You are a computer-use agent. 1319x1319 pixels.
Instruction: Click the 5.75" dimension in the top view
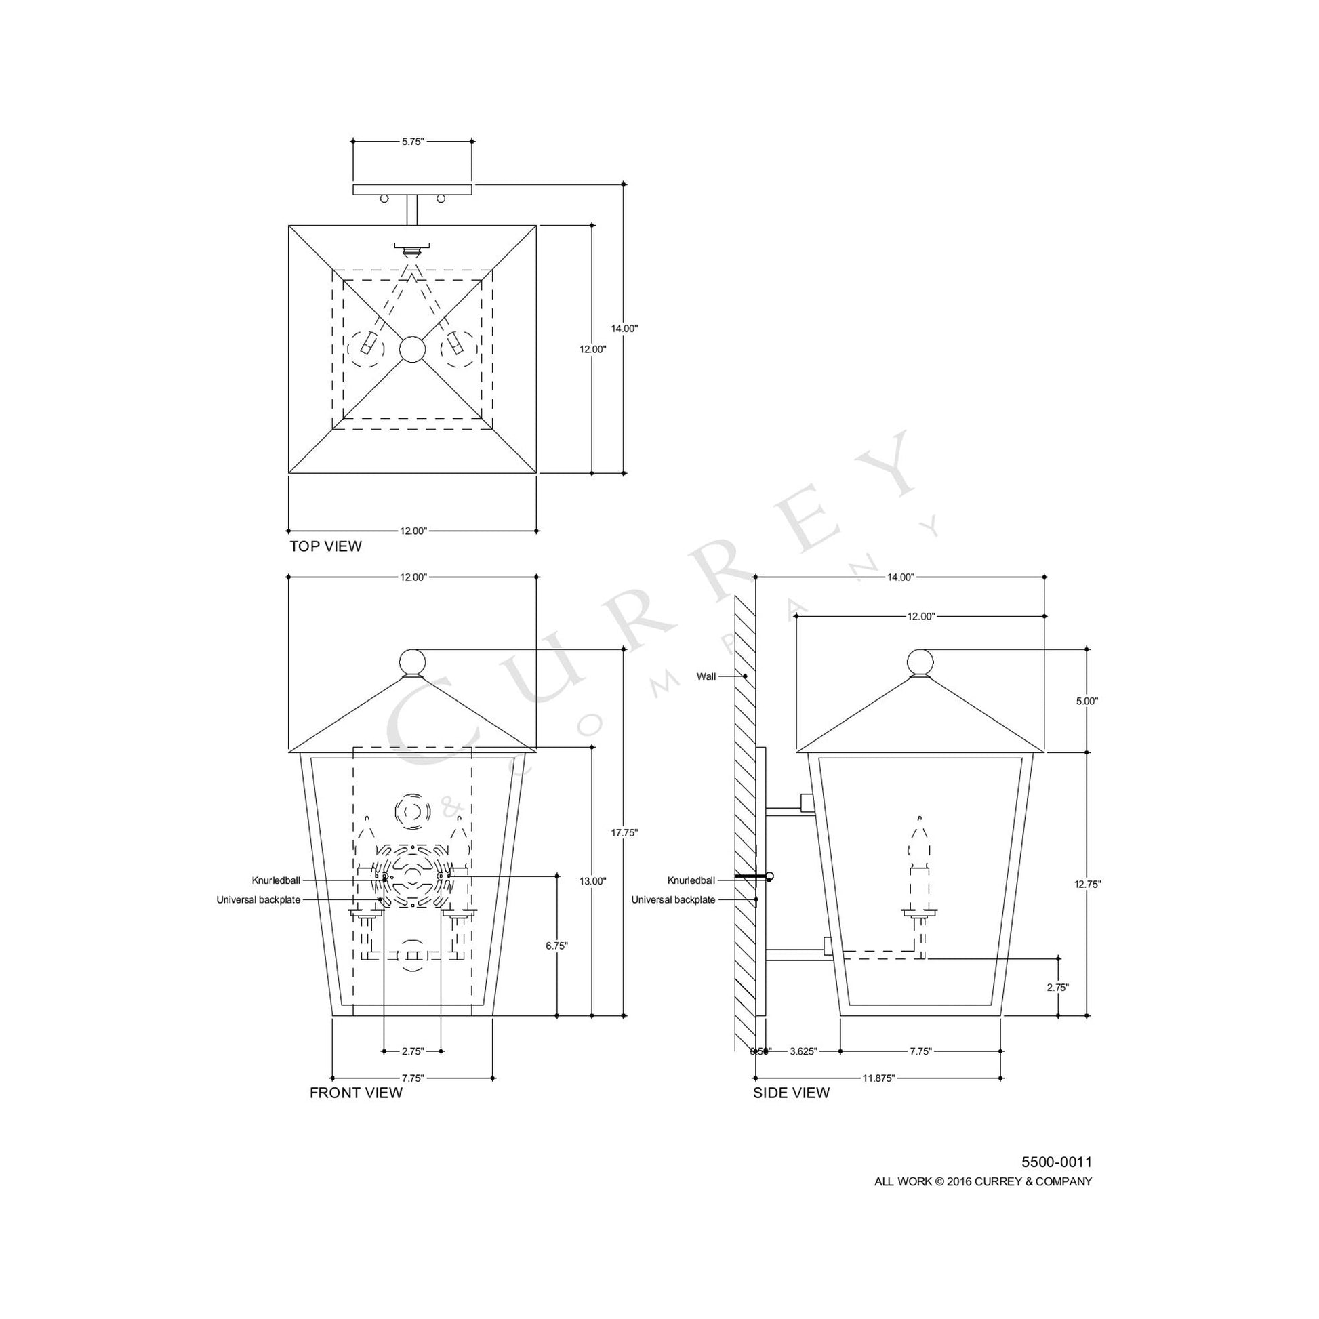click(x=412, y=142)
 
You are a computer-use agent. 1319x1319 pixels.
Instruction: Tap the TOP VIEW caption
click(x=325, y=546)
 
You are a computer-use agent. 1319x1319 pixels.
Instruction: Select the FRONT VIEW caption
click(x=356, y=1093)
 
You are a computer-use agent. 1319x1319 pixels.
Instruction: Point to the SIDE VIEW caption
click(x=791, y=1093)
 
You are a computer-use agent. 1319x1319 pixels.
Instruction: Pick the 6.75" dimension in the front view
click(x=557, y=946)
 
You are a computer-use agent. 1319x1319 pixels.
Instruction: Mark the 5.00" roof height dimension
click(x=1087, y=700)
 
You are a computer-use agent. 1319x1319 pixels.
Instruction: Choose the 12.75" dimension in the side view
click(x=1087, y=883)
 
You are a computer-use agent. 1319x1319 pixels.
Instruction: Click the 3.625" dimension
click(x=803, y=1051)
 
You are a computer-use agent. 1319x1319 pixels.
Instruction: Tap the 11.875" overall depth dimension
click(x=878, y=1078)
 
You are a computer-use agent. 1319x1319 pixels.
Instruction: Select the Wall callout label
click(x=706, y=676)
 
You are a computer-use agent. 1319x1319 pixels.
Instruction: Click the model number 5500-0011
click(x=1056, y=1162)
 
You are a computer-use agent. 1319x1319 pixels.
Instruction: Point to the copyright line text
click(x=983, y=1182)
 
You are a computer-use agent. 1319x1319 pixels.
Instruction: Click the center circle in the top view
click(x=412, y=350)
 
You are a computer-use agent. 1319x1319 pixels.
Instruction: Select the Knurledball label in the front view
click(x=276, y=880)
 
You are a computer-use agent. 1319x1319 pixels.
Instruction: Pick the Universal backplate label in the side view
click(x=672, y=900)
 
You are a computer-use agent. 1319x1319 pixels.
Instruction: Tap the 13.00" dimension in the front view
click(x=592, y=880)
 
